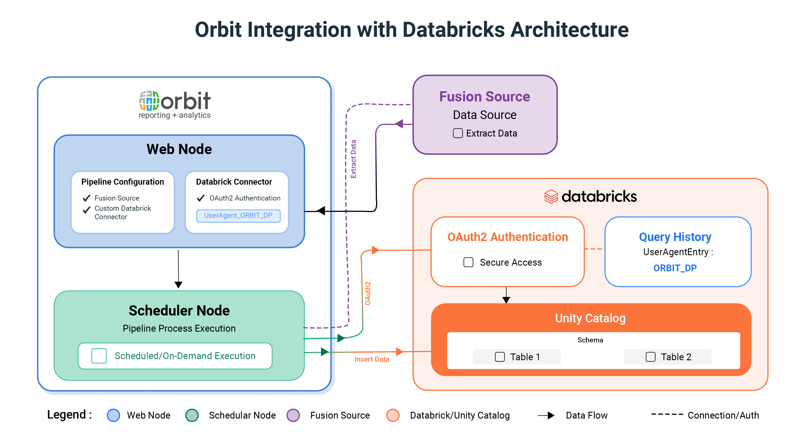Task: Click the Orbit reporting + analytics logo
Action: (x=175, y=105)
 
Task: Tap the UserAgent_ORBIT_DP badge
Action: (x=238, y=216)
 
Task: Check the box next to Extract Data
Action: (x=458, y=133)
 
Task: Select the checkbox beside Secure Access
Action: (x=468, y=262)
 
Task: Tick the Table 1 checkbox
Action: (x=500, y=357)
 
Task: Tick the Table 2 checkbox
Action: (x=650, y=357)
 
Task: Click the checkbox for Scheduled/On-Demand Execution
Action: (x=99, y=356)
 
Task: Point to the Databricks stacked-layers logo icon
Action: (x=551, y=197)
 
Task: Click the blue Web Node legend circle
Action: (x=113, y=415)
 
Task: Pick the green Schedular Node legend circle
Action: (x=192, y=415)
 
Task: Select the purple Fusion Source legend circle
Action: (x=293, y=415)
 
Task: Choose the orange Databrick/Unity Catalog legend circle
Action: (x=393, y=415)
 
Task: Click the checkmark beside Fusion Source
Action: (x=86, y=198)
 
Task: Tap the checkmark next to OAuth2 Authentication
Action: (x=201, y=198)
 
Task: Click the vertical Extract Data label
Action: (x=353, y=159)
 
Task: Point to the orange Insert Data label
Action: (x=372, y=359)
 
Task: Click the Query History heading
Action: (x=675, y=237)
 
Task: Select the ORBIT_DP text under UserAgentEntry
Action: (x=675, y=268)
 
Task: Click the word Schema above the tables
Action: (x=590, y=340)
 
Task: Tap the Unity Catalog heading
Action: (x=590, y=318)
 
